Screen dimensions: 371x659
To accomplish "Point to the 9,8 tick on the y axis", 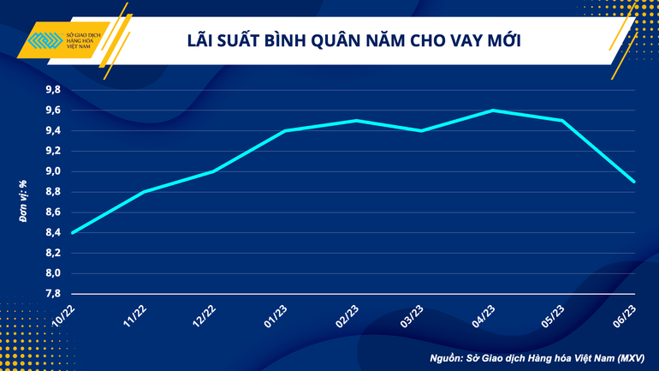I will pyautogui.click(x=52, y=90).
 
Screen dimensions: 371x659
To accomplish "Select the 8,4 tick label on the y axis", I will pyautogui.click(x=52, y=232).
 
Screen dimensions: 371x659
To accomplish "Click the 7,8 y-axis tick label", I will pyautogui.click(x=52, y=294).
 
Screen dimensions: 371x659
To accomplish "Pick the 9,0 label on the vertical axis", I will pyautogui.click(x=52, y=171).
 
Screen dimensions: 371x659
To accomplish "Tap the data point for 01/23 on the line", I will pyautogui.click(x=282, y=131).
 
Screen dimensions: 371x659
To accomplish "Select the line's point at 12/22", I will pyautogui.click(x=212, y=171).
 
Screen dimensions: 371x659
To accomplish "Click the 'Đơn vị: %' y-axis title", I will pyautogui.click(x=23, y=202).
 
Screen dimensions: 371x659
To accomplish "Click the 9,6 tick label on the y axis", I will pyautogui.click(x=52, y=111).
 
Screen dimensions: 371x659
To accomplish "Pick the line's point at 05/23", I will pyautogui.click(x=563, y=121).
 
